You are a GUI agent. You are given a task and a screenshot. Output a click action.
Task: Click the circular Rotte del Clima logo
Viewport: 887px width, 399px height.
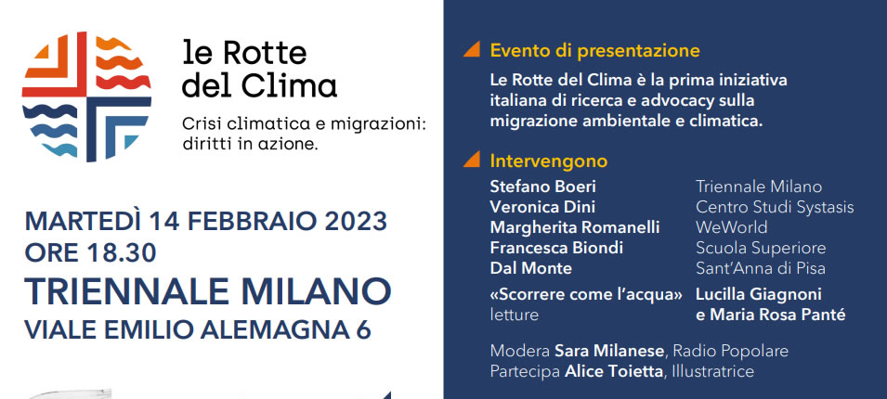tap(86, 97)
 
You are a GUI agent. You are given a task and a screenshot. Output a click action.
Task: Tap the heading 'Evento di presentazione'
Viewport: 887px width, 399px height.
tap(595, 51)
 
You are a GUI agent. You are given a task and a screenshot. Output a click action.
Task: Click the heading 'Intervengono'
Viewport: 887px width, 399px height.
tap(549, 161)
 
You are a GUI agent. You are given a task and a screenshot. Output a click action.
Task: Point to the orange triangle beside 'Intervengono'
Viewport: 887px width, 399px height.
tap(472, 160)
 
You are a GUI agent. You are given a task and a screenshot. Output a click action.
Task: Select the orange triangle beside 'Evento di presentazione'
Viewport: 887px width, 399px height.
tap(472, 49)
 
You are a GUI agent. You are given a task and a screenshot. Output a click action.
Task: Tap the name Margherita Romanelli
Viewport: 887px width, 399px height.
tap(575, 227)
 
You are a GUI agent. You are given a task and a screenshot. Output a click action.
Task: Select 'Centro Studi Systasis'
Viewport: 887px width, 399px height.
tap(775, 208)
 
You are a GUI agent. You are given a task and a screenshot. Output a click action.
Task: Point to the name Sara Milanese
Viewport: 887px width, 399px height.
tap(609, 351)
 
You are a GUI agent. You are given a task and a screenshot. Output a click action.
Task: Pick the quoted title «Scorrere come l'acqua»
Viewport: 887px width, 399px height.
tap(586, 294)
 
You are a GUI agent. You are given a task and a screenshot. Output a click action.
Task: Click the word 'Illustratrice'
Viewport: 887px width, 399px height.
tap(713, 371)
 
